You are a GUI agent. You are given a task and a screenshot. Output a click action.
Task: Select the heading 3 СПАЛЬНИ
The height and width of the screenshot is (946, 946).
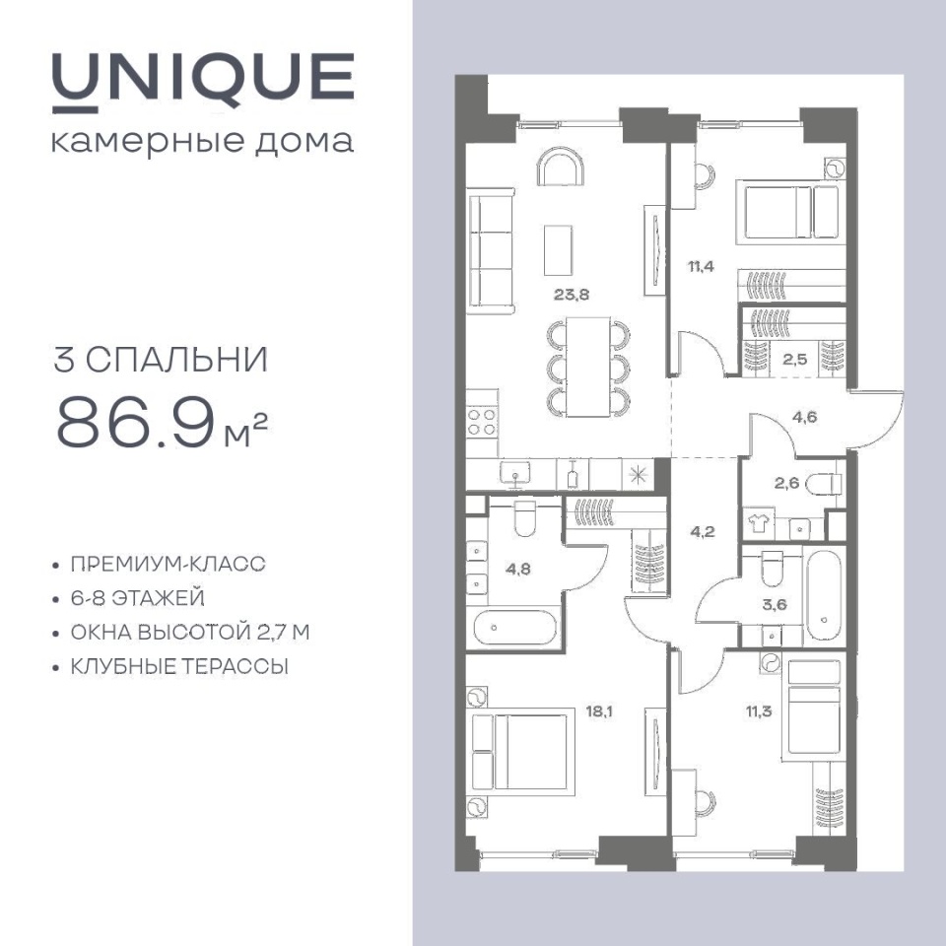tap(161, 360)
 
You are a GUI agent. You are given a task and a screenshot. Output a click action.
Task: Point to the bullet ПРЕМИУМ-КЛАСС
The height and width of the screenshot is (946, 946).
tap(169, 564)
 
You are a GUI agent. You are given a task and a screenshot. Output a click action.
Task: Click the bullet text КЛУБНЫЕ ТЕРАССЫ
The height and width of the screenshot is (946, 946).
tap(179, 667)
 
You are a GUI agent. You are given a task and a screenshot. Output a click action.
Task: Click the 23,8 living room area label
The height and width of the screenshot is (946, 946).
tap(572, 295)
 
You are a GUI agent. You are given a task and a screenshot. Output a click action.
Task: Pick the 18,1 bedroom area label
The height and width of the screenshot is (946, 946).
tap(599, 711)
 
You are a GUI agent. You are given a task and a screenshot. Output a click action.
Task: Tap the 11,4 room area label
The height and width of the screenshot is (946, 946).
tap(701, 266)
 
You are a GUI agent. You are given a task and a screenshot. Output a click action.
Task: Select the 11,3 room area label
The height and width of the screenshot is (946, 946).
tap(759, 711)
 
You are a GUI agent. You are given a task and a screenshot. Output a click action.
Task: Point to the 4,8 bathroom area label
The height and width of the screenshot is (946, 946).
tap(517, 569)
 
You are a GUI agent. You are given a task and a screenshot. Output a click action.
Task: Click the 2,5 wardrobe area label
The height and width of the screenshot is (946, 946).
tap(794, 361)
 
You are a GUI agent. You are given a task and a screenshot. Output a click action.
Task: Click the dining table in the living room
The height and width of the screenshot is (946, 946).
tap(588, 367)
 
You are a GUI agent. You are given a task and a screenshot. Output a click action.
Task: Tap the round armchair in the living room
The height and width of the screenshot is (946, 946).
tap(561, 167)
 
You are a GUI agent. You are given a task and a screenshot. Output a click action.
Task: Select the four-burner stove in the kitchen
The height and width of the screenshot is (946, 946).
tap(482, 423)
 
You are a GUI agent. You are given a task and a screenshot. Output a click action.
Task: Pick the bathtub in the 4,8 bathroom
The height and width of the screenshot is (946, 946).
tap(514, 628)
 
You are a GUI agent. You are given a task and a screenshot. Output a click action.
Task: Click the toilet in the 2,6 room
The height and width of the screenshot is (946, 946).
tap(825, 483)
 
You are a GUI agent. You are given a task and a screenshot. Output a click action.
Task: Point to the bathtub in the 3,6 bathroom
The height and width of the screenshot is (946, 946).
tap(824, 597)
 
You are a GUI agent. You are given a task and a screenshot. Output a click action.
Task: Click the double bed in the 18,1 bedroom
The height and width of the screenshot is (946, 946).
tap(520, 752)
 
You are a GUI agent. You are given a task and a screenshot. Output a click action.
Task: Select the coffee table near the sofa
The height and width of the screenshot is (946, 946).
tap(558, 250)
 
